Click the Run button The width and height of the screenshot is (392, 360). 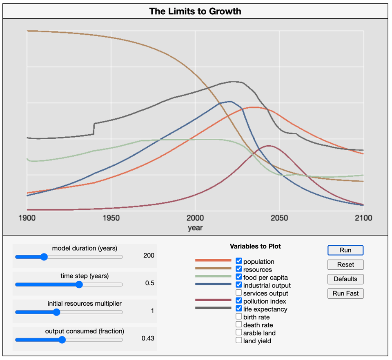click(345, 250)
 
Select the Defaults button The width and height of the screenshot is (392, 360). click(345, 279)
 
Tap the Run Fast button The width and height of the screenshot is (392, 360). click(345, 293)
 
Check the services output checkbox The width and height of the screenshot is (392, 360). click(239, 293)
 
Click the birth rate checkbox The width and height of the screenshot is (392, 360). click(239, 317)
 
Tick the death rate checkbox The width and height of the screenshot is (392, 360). click(239, 324)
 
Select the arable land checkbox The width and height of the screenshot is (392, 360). click(239, 333)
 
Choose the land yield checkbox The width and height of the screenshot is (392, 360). click(239, 340)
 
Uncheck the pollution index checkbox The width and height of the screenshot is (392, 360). click(239, 301)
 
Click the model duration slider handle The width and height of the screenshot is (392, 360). click(44, 257)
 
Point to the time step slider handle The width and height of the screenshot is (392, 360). click(79, 284)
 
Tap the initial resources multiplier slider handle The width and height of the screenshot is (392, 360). click(57, 312)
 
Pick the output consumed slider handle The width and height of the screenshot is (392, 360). click(62, 340)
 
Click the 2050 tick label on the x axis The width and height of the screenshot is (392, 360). click(279, 218)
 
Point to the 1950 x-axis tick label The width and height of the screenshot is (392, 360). click(111, 218)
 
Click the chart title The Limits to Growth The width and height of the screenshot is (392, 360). click(195, 11)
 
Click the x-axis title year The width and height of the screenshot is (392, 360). click(195, 228)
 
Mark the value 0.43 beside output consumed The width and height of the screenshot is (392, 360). click(148, 338)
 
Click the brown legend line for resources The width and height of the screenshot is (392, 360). click(213, 268)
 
